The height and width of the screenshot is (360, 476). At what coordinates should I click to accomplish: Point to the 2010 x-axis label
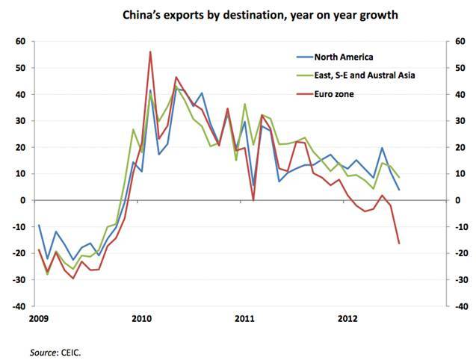click(141, 319)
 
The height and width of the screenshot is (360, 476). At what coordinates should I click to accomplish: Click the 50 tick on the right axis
click(457, 68)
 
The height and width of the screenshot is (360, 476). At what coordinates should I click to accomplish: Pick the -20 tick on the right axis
click(459, 253)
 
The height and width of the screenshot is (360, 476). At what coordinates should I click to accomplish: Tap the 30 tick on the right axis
click(457, 121)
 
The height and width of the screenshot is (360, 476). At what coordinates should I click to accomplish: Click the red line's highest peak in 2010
click(151, 52)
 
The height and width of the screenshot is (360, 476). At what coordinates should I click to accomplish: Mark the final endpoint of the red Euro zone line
click(399, 243)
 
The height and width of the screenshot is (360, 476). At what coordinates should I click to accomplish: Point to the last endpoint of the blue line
click(399, 190)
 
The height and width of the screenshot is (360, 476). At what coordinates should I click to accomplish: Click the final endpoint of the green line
click(399, 177)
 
